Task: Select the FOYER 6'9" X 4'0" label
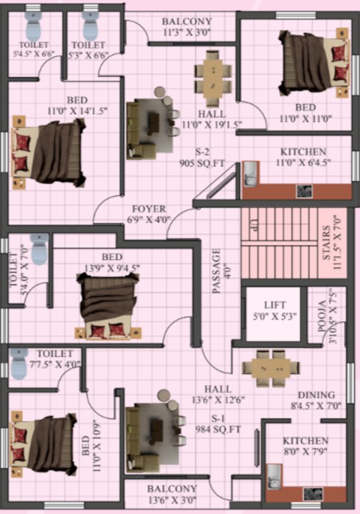pos(149,213)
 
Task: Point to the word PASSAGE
pos(216,272)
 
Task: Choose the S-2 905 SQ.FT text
pos(196,157)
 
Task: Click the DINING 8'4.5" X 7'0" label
pos(316,400)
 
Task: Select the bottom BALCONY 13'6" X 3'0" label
pos(172,494)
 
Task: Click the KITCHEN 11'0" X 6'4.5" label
pos(303,157)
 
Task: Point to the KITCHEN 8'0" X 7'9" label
pos(305,446)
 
